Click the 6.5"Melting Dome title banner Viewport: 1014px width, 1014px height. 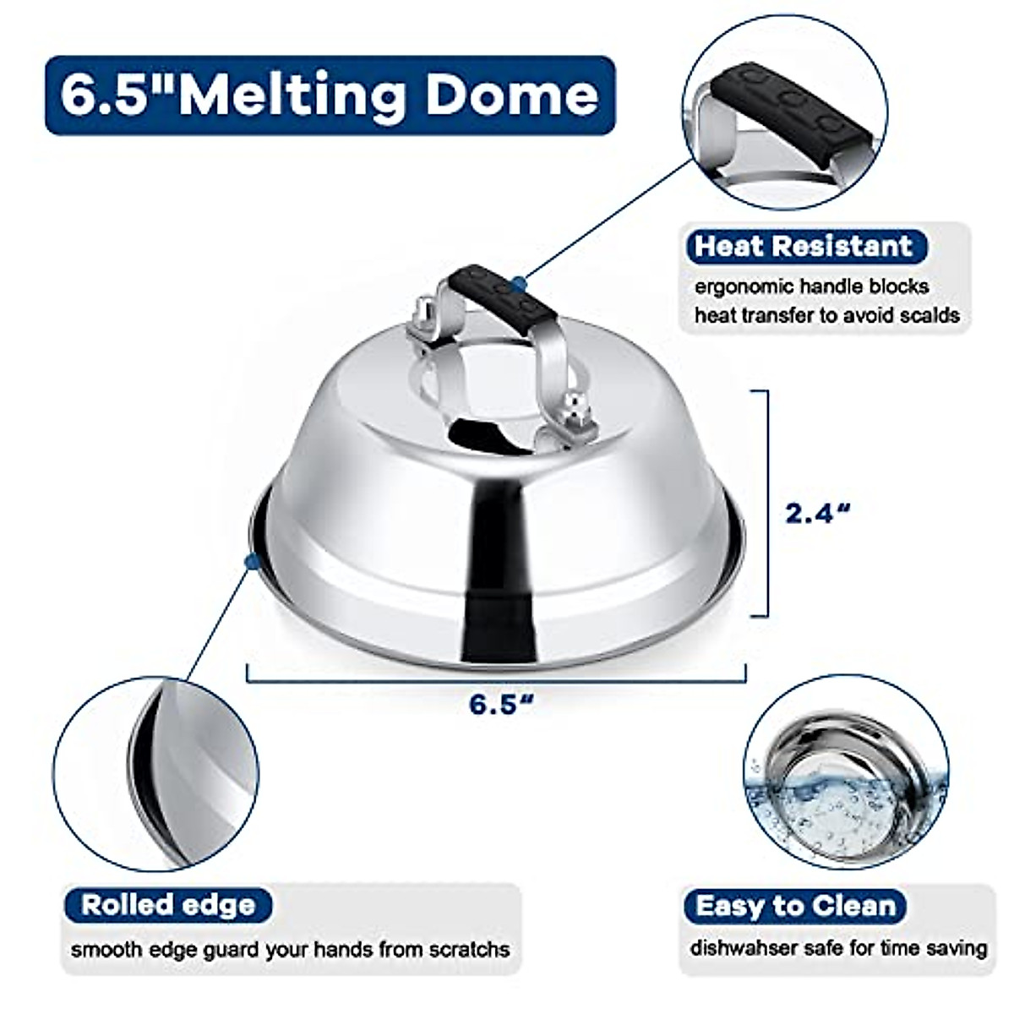(330, 95)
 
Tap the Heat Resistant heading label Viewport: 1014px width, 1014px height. (804, 246)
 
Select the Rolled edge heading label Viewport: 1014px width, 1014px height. (168, 905)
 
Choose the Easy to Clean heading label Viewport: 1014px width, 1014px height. (794, 906)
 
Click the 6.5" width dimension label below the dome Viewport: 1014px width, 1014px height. (505, 703)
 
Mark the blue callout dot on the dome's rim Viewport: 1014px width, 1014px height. (249, 561)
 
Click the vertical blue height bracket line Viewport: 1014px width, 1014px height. (766, 504)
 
